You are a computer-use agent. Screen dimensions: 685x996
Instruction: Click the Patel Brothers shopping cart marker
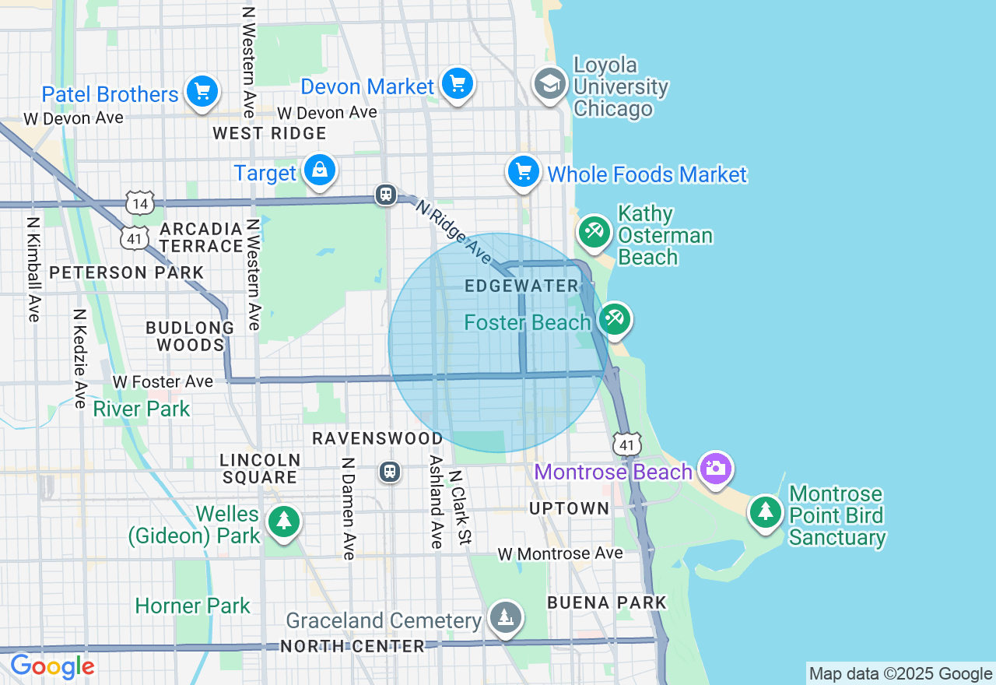click(x=202, y=93)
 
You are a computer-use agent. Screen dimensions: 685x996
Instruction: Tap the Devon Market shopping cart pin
click(x=457, y=84)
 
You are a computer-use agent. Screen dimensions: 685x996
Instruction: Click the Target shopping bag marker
click(x=319, y=170)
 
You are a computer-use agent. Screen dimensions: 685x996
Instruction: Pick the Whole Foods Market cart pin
click(x=524, y=172)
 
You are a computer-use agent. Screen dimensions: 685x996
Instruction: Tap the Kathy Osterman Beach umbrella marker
click(x=594, y=232)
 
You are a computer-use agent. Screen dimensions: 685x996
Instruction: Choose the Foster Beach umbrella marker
click(x=615, y=319)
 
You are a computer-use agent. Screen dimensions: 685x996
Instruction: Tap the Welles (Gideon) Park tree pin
click(x=283, y=522)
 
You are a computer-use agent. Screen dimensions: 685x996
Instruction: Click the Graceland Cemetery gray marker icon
click(x=506, y=618)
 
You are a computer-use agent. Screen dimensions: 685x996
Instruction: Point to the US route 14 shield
click(x=140, y=204)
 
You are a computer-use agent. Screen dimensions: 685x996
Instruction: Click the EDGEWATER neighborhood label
click(x=521, y=286)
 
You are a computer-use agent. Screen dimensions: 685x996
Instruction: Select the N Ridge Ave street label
click(x=453, y=232)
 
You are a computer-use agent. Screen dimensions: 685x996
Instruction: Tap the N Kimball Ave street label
click(x=33, y=269)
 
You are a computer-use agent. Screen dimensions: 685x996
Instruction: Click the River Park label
click(x=141, y=409)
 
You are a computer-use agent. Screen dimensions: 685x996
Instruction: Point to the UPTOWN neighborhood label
click(x=569, y=509)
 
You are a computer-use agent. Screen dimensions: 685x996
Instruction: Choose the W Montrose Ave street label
click(x=560, y=553)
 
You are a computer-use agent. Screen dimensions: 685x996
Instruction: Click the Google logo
click(x=52, y=667)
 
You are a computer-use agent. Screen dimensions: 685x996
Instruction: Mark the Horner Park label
click(x=192, y=606)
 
